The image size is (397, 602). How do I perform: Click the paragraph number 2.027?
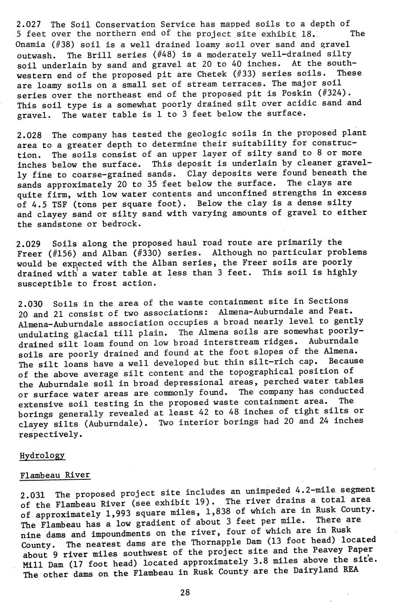point(29,24)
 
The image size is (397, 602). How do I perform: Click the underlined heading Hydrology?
point(42,456)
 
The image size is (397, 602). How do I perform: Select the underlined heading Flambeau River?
point(55,475)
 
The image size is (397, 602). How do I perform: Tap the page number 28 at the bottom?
point(185,592)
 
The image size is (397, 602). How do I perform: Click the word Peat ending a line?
point(338,311)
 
